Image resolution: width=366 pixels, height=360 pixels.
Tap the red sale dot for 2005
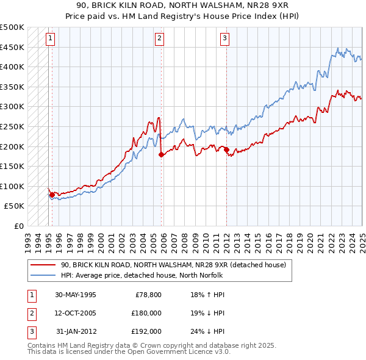(161, 155)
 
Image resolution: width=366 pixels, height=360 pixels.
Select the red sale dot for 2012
(226, 149)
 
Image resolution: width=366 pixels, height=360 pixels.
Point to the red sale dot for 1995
(52, 195)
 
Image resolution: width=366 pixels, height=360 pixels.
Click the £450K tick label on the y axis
(12, 47)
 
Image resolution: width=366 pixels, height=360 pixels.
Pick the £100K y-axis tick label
(12, 186)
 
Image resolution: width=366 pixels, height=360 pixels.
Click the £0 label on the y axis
(19, 226)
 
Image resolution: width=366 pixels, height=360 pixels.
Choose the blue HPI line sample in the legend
(43, 275)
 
